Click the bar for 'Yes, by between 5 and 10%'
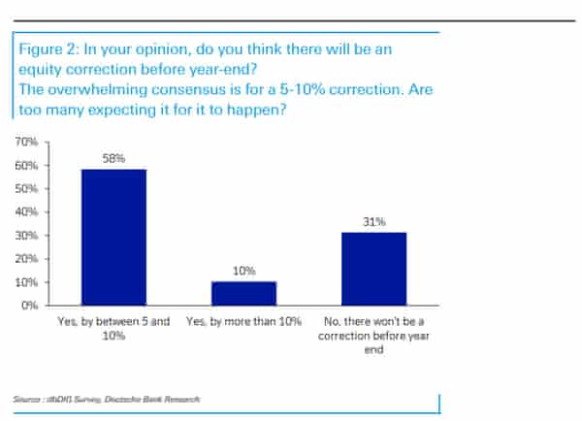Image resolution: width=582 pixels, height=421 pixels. click(113, 238)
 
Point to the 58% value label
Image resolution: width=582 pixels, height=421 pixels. click(113, 156)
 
